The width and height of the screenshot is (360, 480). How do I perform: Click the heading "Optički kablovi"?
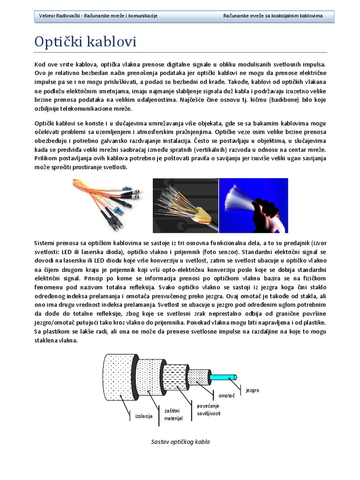pos(86,42)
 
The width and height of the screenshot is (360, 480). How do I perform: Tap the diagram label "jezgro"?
pos(252,390)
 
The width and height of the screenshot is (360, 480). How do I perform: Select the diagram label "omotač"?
pos(227,396)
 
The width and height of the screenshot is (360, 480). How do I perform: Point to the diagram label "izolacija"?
pos(144,416)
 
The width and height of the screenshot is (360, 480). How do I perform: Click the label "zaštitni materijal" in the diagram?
pos(173,414)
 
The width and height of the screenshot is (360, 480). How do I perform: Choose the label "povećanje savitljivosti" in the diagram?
pos(208,410)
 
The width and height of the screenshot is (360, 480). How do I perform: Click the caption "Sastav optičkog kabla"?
pos(180,442)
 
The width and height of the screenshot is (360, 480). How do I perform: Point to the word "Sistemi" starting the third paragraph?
pos(45,243)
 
